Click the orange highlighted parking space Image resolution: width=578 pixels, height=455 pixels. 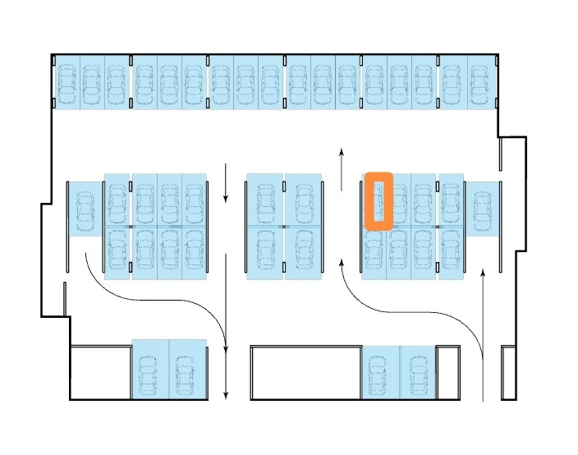(378, 200)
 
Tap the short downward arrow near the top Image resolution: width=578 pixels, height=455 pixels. (226, 185)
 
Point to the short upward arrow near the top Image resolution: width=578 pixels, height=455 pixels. (342, 170)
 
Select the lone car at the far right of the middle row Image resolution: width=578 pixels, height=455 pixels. (482, 210)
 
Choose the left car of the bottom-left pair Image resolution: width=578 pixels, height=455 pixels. (149, 374)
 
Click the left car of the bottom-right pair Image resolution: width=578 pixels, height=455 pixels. (379, 374)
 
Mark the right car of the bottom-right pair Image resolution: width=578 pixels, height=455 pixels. (417, 374)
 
